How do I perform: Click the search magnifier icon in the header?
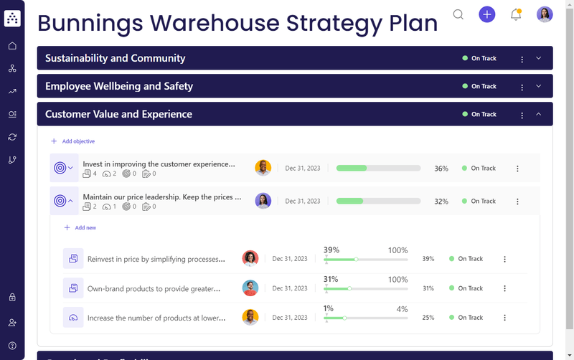(x=458, y=14)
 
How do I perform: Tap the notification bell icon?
(x=516, y=14)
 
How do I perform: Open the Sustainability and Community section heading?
(x=115, y=58)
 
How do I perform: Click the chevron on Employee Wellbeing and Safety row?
(x=539, y=86)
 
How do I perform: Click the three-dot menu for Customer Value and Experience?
(x=522, y=115)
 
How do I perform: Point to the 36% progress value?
(x=441, y=169)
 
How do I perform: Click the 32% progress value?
(x=441, y=202)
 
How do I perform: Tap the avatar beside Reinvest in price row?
(x=250, y=259)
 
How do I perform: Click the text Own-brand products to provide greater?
(x=154, y=288)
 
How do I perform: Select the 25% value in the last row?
(x=428, y=318)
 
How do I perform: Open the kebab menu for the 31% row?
(x=504, y=288)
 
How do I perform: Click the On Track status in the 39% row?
(x=470, y=259)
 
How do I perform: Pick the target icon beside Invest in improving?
(x=60, y=168)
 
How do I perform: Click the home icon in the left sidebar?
(x=12, y=46)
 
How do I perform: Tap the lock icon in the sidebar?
(x=12, y=297)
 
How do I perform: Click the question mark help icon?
(x=12, y=346)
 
